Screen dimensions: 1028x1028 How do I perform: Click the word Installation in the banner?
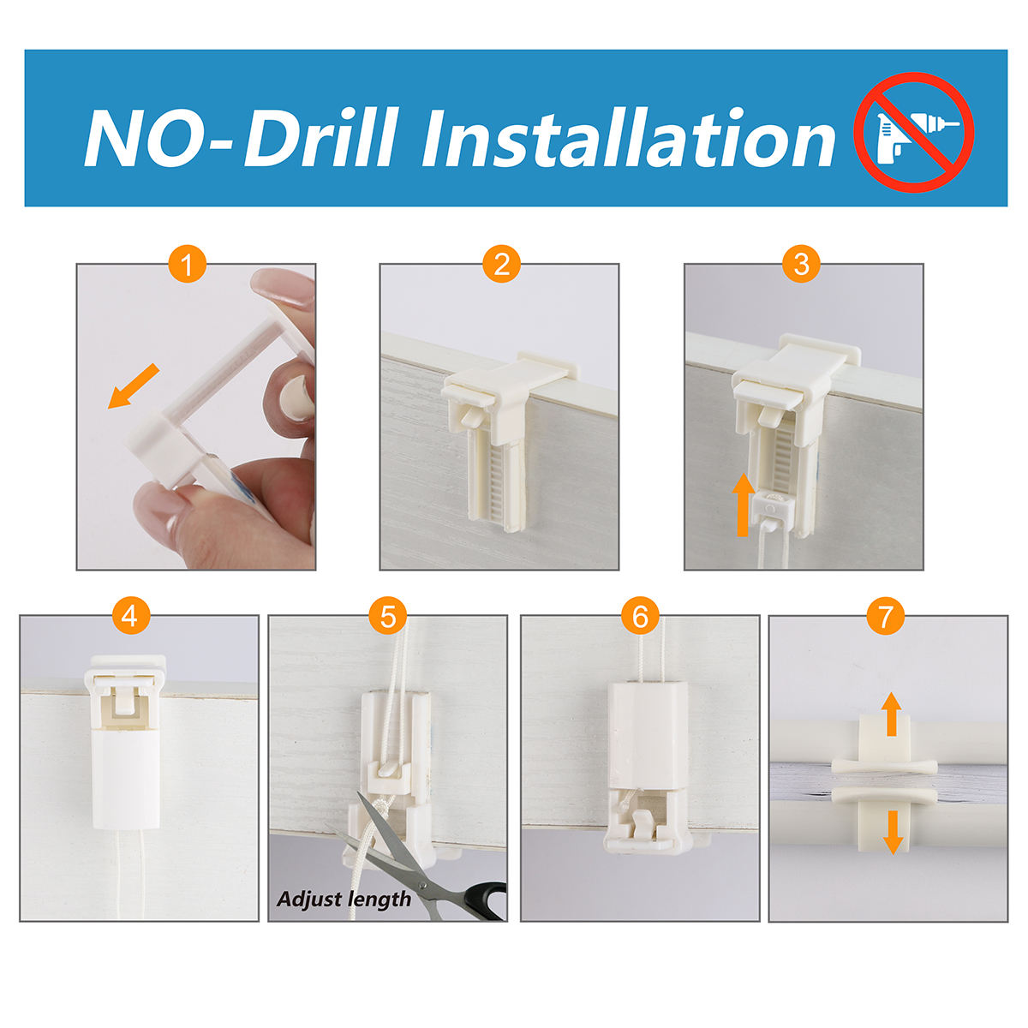coord(629,138)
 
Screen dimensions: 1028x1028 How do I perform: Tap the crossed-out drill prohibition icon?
coord(914,132)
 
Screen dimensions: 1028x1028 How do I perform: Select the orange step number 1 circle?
coord(188,264)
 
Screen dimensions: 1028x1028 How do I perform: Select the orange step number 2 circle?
coord(501,264)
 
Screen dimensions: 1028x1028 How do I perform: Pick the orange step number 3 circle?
coord(801,264)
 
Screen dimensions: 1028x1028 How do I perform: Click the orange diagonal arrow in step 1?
coord(134,385)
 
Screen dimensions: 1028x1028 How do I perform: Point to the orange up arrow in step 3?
coord(743,505)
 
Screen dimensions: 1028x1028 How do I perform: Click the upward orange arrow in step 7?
coord(891,721)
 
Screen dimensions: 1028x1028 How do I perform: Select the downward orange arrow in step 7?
coord(893,832)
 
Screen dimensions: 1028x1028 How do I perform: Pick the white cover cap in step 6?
coord(648,733)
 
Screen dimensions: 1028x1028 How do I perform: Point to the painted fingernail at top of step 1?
coord(282,285)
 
